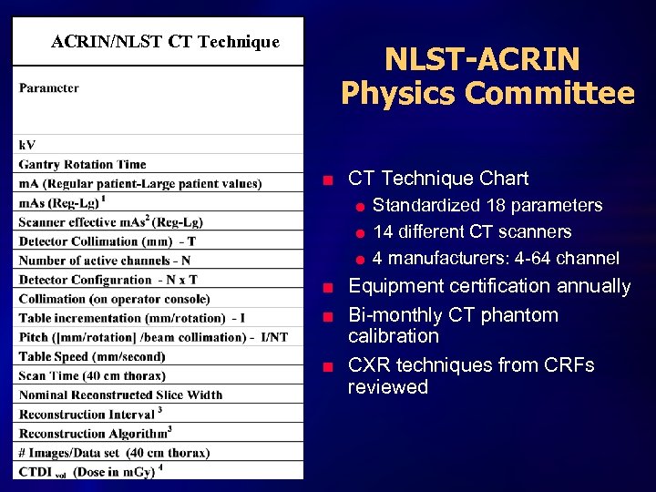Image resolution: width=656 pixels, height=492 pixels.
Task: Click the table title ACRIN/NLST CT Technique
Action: (165, 42)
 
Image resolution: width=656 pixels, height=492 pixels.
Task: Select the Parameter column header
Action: (49, 88)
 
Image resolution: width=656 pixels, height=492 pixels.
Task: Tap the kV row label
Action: (27, 145)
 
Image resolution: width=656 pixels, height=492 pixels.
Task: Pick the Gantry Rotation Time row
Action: (82, 164)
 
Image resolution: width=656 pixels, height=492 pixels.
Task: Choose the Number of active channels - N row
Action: (105, 261)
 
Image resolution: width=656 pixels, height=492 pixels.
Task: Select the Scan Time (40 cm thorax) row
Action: (92, 375)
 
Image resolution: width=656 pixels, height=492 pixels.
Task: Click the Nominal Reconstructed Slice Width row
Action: (120, 395)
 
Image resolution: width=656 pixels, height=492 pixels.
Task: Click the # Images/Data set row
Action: (114, 452)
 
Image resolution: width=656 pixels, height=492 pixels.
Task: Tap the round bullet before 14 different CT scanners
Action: (360, 233)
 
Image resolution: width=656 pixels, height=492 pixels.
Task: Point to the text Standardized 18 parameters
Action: (487, 205)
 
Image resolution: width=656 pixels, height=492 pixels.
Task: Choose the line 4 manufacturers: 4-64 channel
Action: (496, 258)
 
